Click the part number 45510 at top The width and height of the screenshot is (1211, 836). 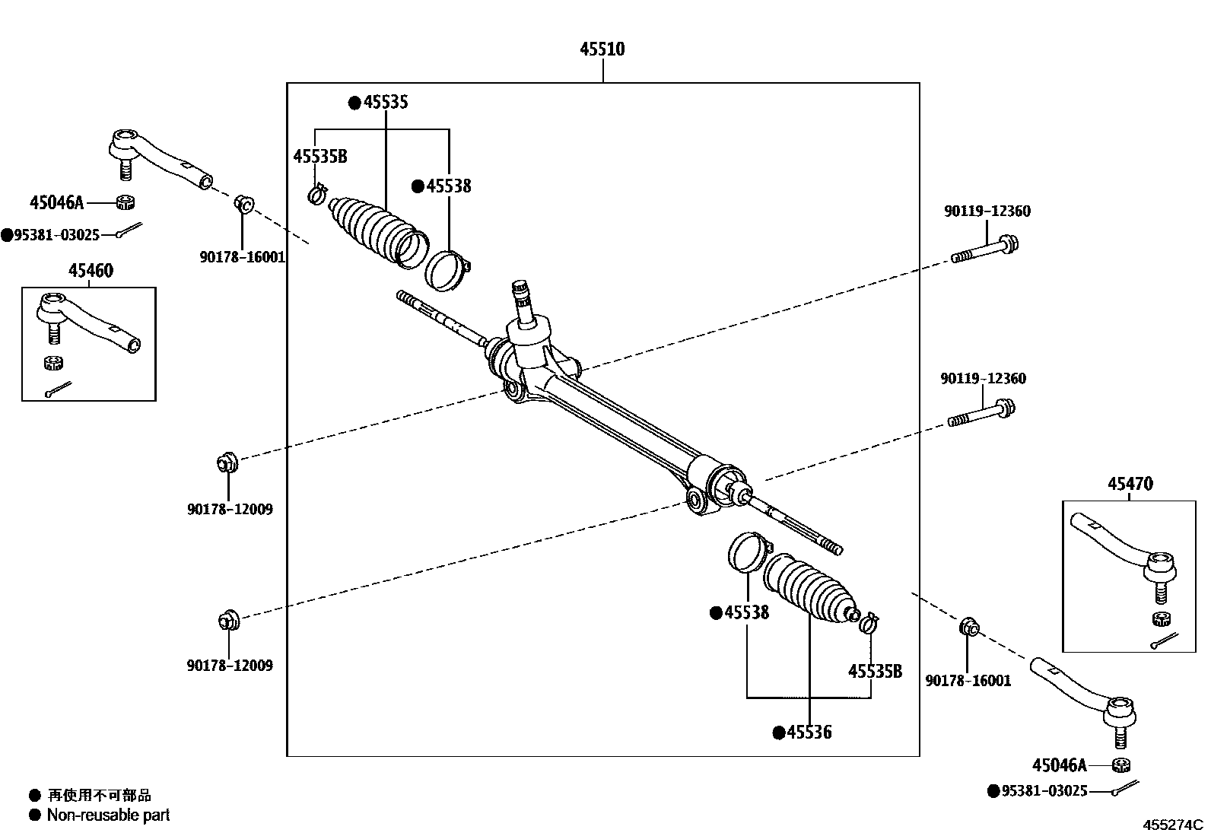pos(602,49)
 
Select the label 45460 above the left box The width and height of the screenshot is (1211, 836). pos(91,271)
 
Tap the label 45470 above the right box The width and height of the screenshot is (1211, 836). pos(1130,484)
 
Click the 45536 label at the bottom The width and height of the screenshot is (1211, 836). pos(809,733)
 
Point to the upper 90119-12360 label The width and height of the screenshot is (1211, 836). pos(987,211)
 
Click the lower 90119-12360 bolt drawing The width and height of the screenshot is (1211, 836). pos(981,415)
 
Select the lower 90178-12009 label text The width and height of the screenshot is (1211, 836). pos(230,666)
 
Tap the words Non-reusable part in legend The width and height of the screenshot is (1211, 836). pos(108,815)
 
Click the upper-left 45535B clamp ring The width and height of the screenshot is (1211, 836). pos(318,195)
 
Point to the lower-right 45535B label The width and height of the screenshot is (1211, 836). pos(875,671)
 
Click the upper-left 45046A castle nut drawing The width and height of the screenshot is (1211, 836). pos(126,202)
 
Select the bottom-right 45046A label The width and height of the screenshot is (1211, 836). pos(1060,766)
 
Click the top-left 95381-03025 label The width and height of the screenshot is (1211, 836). pos(56,235)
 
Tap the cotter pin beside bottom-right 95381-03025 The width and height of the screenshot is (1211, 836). pos(1124,789)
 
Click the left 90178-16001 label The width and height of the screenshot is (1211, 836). pos(243,258)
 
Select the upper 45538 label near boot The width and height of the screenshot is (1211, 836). pos(448,186)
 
